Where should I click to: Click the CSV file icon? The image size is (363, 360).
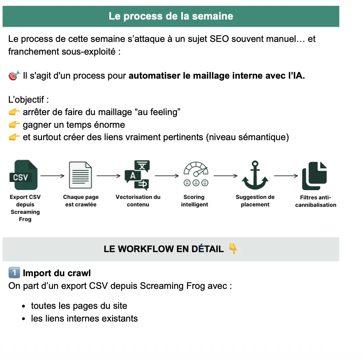[23, 175]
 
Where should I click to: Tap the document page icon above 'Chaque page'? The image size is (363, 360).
[80, 175]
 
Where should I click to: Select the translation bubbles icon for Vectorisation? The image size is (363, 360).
[137, 175]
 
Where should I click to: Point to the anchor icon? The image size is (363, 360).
[255, 175]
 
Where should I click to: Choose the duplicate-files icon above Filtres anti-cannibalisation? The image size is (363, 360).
[315, 176]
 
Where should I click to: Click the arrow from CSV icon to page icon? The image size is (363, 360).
[52, 176]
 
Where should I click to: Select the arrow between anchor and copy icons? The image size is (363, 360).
[286, 176]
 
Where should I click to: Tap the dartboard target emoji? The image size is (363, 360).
[14, 76]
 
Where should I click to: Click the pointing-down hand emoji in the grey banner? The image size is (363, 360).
[233, 248]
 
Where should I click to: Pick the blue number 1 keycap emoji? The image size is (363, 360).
[14, 272]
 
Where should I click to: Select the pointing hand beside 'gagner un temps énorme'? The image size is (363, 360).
[14, 124]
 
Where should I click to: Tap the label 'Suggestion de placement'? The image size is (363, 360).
[255, 201]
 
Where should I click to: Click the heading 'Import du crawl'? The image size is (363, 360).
[57, 273]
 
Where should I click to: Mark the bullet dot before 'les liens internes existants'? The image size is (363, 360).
[24, 319]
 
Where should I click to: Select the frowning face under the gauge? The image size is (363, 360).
[187, 183]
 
